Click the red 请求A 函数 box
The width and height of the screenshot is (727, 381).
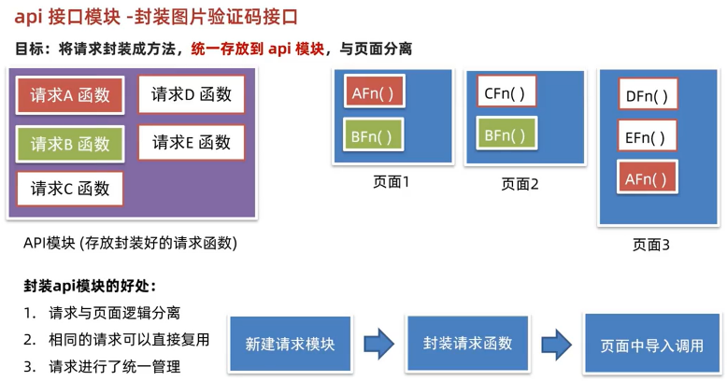tap(70, 95)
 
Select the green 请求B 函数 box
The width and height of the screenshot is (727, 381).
tap(70, 144)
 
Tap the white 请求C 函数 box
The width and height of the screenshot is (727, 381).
tap(70, 189)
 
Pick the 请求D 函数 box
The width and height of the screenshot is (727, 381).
tap(192, 94)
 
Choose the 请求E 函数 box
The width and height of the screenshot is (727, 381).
tap(192, 143)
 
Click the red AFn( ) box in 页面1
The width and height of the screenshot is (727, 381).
tap(373, 93)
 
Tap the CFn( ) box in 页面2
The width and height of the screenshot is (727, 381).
tap(506, 93)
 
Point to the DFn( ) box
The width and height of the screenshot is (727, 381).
tap(647, 95)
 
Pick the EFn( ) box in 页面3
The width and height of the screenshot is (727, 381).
tap(647, 137)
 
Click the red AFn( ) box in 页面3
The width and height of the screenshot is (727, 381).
tap(647, 179)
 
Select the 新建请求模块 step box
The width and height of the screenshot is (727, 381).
tap(290, 344)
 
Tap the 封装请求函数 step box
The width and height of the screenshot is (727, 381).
tap(468, 342)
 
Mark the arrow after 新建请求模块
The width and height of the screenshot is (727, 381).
tap(378, 344)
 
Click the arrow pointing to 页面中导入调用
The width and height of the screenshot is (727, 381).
tap(556, 344)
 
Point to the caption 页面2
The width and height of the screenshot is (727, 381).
tap(520, 184)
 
